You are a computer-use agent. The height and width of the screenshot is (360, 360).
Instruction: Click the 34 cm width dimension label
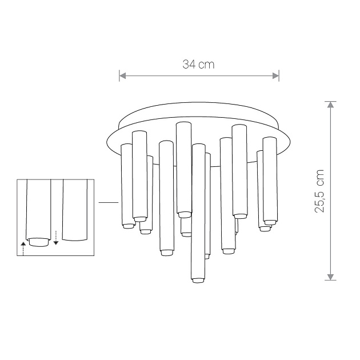click(x=198, y=64)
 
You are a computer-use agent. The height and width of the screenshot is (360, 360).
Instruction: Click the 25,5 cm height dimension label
click(x=319, y=191)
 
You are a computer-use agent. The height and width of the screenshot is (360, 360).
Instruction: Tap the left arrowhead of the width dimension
click(x=123, y=75)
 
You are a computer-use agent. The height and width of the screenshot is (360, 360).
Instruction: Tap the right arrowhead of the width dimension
click(x=275, y=75)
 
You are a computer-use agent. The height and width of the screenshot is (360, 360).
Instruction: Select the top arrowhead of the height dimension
click(x=330, y=105)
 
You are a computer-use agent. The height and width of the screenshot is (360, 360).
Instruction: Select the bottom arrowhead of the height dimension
click(x=330, y=277)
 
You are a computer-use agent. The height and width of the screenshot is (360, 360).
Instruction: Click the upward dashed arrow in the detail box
click(x=23, y=249)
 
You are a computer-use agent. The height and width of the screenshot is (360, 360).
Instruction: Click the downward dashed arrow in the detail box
click(x=56, y=238)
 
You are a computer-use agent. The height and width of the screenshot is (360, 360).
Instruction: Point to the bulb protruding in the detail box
click(x=38, y=242)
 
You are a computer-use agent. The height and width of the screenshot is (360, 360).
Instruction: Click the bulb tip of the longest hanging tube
click(x=198, y=281)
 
